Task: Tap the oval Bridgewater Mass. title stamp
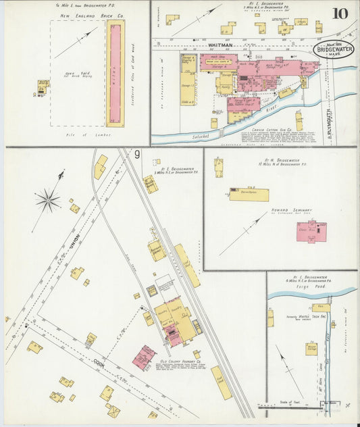[333, 51]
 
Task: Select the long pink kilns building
[115, 73]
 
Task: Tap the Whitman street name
[220, 45]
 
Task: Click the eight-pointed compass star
[47, 200]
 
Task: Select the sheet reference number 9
[137, 155]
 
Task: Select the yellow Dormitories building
[249, 195]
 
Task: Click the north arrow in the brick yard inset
[76, 43]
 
